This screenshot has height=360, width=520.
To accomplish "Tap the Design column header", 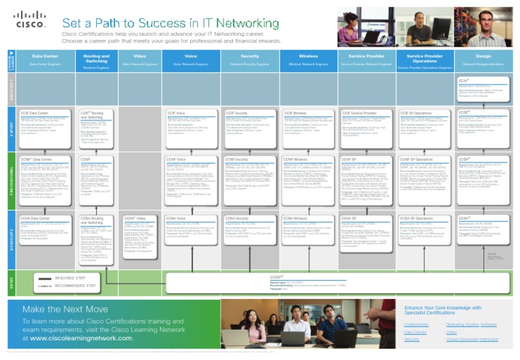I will click(483, 56).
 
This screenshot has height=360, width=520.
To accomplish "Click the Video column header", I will click(139, 56).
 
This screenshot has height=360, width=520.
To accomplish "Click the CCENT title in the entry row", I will click(276, 277).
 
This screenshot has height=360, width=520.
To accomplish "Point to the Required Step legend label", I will click(70, 277).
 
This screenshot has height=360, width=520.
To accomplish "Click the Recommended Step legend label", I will click(75, 286).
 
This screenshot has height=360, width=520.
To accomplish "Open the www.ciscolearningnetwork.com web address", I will click(81, 338).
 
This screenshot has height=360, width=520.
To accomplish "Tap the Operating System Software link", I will click(471, 324).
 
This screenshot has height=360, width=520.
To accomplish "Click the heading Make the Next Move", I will click(65, 309).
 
